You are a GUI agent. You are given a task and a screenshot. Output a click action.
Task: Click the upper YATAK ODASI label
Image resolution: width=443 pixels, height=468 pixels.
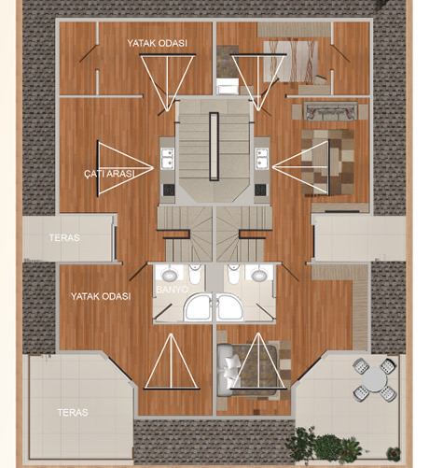click(x=157, y=43)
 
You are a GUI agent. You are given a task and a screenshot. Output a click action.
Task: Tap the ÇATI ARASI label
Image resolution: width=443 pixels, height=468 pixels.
click(x=109, y=174)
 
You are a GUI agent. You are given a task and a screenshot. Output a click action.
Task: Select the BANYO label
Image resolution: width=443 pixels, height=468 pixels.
click(x=172, y=290)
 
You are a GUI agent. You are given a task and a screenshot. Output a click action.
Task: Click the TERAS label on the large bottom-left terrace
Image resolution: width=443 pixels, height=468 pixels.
click(x=73, y=413)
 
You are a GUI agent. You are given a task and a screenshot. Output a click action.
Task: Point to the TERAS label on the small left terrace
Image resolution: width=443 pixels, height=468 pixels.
click(x=64, y=237)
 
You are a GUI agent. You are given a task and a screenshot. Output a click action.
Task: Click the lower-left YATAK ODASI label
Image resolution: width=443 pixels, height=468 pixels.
click(x=101, y=296)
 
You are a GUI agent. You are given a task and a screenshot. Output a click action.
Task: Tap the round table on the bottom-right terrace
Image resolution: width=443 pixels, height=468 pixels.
click(x=375, y=380)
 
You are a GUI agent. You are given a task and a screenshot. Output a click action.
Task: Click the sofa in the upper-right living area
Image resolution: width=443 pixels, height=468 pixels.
click(x=330, y=111)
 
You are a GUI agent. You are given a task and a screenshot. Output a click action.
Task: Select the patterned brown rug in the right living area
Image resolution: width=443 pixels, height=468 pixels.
click(x=327, y=163)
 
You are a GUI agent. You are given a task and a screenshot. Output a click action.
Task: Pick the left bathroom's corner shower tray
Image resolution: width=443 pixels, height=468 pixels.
click(x=198, y=306)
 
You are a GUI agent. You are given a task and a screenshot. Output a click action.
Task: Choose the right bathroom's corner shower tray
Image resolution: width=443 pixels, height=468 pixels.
click(x=230, y=306)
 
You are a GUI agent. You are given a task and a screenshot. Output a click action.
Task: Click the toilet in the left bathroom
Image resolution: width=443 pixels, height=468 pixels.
click(x=195, y=274)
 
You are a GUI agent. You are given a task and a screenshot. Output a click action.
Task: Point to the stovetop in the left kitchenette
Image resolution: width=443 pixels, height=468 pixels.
click(x=170, y=190)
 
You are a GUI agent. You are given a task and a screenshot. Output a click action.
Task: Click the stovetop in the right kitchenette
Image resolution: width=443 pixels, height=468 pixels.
click(x=260, y=190)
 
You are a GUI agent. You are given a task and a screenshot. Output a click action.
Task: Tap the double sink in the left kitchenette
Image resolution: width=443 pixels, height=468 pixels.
click(x=167, y=159)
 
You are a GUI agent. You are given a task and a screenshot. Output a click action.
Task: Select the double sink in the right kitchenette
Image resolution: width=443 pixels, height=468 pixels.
click(x=262, y=159)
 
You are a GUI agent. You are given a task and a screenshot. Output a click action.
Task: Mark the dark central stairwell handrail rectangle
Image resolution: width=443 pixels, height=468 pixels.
click(x=214, y=147)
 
